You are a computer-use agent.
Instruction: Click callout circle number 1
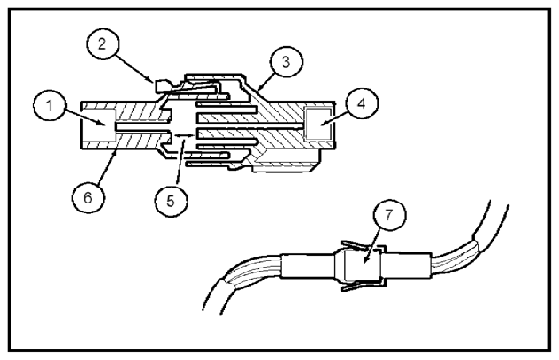[x=50, y=105]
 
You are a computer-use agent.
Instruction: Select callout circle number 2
[x=103, y=44]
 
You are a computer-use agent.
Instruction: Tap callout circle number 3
[x=287, y=61]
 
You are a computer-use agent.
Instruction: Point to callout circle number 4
[x=362, y=103]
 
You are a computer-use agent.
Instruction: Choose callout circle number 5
[x=171, y=201]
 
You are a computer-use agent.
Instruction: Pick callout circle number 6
[x=88, y=197]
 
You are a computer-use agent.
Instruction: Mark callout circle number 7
[x=389, y=215]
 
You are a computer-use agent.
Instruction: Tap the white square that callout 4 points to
[x=318, y=124]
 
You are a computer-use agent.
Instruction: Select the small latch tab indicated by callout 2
[x=162, y=86]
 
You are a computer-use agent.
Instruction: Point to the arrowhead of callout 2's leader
[x=153, y=80]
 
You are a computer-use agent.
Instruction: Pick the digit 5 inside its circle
[x=171, y=201]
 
